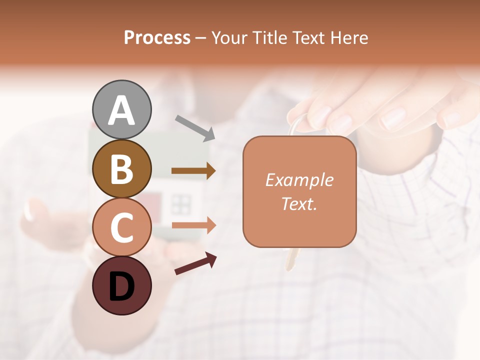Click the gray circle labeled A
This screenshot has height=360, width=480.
(122, 109)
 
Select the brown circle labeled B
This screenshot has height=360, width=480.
(122, 168)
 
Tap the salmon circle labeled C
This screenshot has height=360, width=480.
(122, 227)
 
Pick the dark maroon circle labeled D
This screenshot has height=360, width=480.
(122, 286)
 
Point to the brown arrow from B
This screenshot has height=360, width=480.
(193, 171)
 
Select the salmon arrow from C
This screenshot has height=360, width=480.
(193, 225)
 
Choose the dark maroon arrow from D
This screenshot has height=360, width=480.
(195, 263)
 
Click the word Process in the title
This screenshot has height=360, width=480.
(157, 37)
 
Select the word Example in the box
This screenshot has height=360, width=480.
(299, 180)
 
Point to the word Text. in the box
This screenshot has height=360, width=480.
(299, 203)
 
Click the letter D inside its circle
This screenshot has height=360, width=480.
(122, 287)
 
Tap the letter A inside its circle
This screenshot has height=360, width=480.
(122, 110)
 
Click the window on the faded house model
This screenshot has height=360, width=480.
(181, 204)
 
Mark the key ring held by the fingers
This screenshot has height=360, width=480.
(298, 124)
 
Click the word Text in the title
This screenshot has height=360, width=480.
(308, 37)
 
